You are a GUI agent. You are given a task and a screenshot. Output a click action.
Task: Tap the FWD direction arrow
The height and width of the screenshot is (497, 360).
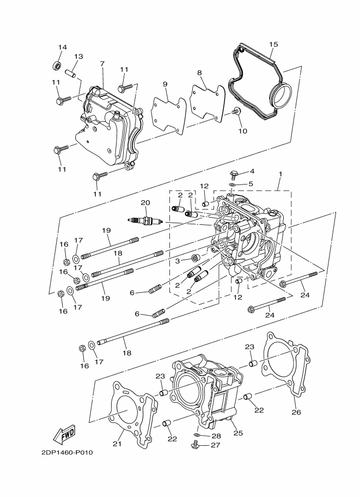[64, 434]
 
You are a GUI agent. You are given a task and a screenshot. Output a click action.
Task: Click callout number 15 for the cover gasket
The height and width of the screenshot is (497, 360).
[273, 44]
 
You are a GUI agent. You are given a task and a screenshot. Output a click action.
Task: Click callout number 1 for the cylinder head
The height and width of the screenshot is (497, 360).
[280, 175]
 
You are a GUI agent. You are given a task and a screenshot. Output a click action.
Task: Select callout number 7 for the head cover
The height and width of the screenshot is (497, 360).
[102, 64]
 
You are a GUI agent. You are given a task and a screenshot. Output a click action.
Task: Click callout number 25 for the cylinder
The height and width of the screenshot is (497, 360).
[238, 433]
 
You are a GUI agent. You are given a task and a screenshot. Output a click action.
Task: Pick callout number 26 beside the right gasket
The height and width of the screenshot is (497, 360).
[296, 412]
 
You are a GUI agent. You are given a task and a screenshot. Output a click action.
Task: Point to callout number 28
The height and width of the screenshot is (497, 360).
[216, 436]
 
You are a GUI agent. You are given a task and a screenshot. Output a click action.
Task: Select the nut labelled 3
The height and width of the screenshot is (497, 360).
[196, 257]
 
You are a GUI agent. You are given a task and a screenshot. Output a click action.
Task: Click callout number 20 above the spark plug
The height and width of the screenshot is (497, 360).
[144, 203]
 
